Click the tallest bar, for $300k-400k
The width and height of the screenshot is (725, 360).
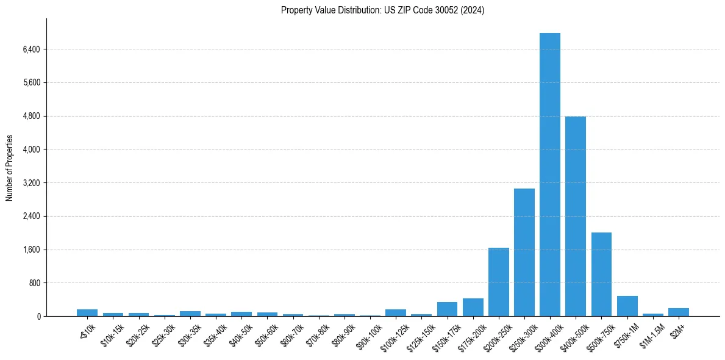click(549, 175)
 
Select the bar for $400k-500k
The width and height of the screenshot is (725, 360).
click(575, 216)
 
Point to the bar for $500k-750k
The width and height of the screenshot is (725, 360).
click(601, 274)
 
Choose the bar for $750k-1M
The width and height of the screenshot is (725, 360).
click(627, 306)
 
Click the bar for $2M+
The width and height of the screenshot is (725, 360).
click(678, 312)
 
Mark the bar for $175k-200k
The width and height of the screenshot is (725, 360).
click(473, 307)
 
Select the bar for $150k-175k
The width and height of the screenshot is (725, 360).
click(447, 309)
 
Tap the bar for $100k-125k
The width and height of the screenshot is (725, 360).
click(395, 312)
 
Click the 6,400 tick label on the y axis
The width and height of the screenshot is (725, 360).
click(30, 49)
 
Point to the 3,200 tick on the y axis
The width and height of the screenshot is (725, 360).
click(30, 183)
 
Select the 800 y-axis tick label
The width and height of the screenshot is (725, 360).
click(34, 283)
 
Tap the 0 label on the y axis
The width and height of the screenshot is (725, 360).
click(38, 317)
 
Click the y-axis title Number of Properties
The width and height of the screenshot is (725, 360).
click(9, 167)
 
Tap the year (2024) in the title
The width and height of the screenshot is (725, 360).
click(472, 10)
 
